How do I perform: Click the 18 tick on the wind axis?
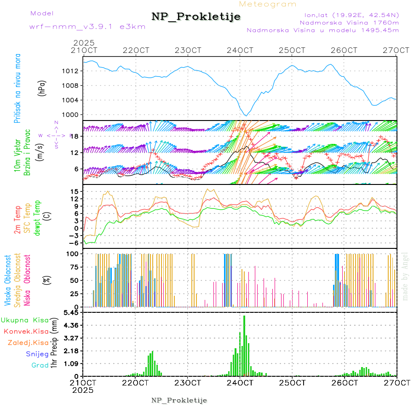click(x=77, y=136)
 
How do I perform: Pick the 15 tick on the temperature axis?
click(x=77, y=191)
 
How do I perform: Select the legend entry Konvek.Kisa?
click(x=26, y=331)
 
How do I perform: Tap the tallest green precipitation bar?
click(x=244, y=345)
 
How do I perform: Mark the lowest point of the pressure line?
click(x=246, y=115)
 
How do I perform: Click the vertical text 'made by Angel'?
click(x=405, y=276)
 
